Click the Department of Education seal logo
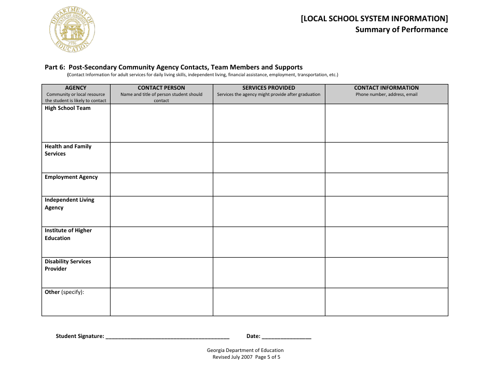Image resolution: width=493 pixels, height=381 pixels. [72, 30]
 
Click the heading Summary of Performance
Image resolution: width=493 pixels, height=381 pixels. [401, 30]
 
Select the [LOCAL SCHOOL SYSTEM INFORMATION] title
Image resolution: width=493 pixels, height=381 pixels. [374, 18]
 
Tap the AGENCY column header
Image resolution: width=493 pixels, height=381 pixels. [76, 88]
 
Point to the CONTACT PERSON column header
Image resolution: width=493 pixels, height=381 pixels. [161, 88]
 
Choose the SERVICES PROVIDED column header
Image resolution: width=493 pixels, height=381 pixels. [269, 88]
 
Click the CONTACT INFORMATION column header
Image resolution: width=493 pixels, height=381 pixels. [386, 88]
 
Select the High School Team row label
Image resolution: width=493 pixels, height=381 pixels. [67, 108]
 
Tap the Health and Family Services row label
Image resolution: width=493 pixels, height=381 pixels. [68, 150]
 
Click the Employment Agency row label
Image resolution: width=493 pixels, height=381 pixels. [71, 177]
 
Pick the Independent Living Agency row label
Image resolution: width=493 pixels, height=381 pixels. [69, 204]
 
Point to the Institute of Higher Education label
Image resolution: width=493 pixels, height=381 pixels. [68, 234]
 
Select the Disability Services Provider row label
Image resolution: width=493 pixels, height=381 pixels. [67, 265]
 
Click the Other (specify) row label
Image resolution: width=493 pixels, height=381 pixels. [64, 292]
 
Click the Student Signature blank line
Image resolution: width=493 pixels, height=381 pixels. [167, 336]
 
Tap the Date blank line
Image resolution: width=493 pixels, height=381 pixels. [286, 336]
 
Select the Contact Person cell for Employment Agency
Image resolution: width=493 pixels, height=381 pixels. [161, 185]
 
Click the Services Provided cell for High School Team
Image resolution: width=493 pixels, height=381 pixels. [269, 123]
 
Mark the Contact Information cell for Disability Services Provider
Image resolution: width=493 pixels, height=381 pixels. [386, 273]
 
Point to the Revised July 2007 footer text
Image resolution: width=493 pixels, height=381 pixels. [232, 357]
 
